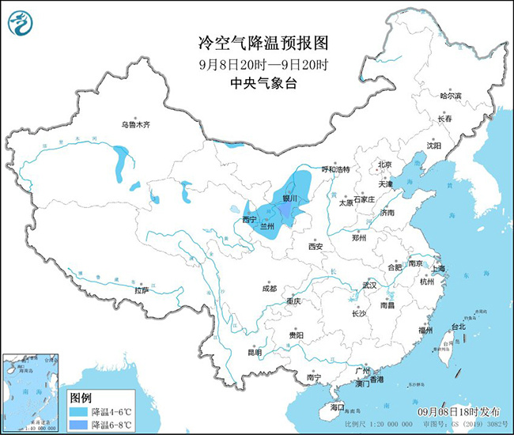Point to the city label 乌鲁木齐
click(134, 124)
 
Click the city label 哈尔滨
click(451, 95)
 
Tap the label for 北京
click(385, 165)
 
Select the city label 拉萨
click(142, 290)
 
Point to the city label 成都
click(268, 288)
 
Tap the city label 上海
click(438, 269)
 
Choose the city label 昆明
click(254, 350)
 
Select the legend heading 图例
click(81, 396)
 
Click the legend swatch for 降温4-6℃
click(78, 411)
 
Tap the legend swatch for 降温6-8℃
click(78, 426)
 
